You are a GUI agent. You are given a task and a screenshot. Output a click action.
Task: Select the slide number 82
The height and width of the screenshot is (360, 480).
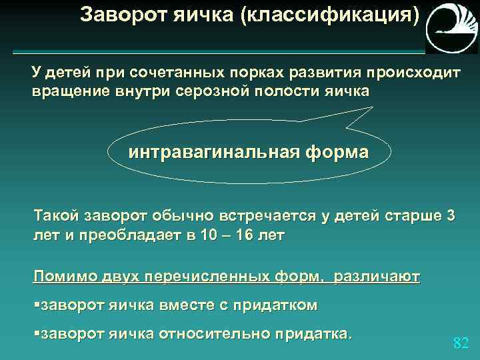tap(461, 343)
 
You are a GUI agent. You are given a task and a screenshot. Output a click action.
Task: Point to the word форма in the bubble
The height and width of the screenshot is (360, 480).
tap(337, 152)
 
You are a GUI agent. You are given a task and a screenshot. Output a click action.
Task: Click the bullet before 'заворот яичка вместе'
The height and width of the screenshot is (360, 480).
tap(37, 305)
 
